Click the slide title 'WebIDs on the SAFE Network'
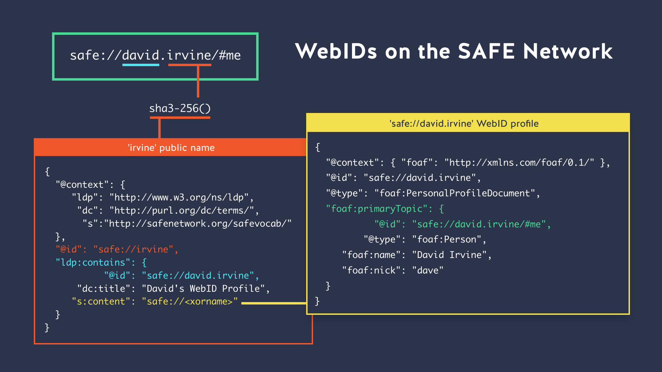454,51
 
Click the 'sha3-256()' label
180,108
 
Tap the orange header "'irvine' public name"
171,148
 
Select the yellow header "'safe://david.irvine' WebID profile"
464,124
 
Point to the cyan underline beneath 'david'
141,65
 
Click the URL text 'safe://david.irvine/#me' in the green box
155,55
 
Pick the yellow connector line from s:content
274,303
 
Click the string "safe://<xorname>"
190,301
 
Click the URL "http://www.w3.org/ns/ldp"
179,197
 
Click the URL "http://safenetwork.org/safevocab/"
200,224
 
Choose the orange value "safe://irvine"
133,249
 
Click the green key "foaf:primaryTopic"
377,209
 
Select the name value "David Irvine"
449,255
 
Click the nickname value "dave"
428,270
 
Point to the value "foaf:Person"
447,239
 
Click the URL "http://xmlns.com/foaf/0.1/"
519,163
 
